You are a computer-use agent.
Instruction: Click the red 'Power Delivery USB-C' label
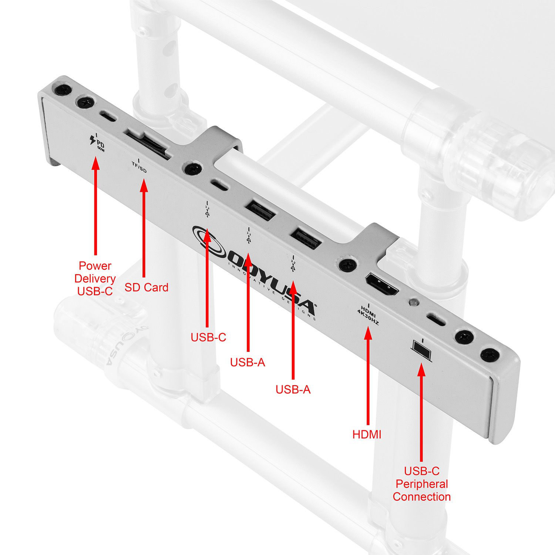point(95,278)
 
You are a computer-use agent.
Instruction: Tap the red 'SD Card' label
point(146,287)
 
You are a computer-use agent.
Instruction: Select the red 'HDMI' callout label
point(367,434)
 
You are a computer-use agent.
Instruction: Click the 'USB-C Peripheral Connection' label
point(421,484)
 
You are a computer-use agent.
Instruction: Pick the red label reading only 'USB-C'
point(208,337)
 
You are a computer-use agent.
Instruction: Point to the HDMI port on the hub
point(382,285)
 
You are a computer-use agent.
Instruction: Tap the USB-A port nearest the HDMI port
point(306,239)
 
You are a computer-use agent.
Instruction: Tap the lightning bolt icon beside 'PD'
point(92,140)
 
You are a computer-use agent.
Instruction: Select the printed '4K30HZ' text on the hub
point(368,317)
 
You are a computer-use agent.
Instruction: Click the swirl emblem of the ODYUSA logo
point(209,242)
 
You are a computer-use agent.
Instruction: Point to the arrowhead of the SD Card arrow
point(144,185)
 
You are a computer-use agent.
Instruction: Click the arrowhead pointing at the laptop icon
point(421,370)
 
